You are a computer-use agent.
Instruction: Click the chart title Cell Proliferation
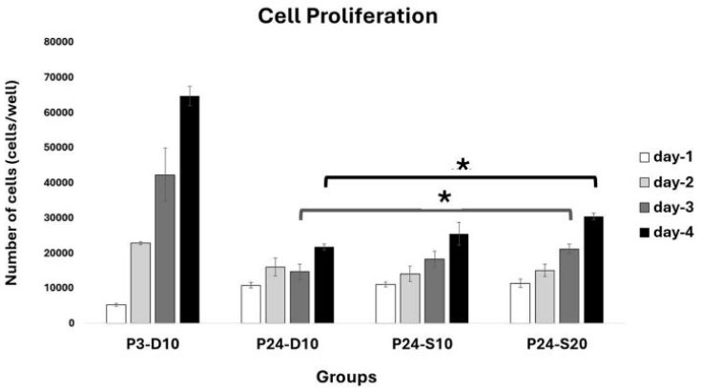point(351,15)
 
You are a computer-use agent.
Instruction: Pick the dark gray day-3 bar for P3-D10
point(165,249)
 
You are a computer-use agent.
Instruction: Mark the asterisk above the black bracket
point(463,166)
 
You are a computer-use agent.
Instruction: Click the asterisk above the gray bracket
point(444,198)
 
